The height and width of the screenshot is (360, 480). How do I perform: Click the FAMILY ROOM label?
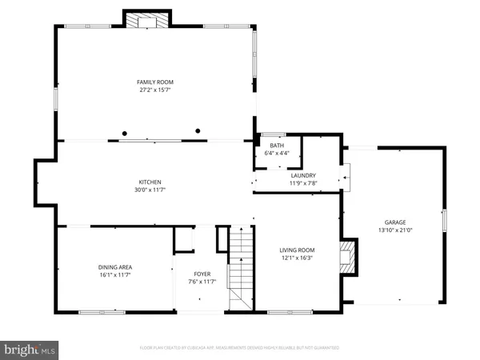click(155, 82)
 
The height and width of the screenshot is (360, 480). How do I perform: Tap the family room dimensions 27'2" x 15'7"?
click(155, 90)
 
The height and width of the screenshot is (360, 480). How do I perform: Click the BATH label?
click(277, 146)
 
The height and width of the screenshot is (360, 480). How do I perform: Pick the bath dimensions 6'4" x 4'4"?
click(277, 153)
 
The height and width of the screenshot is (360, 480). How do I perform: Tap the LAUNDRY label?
click(303, 175)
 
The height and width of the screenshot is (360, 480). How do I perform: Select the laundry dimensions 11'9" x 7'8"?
click(303, 183)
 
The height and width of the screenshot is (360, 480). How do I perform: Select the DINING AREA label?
click(115, 266)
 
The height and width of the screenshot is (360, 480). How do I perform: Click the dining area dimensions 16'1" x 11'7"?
click(115, 274)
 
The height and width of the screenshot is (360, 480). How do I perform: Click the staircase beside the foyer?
click(241, 268)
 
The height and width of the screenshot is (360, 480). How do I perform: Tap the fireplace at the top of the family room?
click(147, 20)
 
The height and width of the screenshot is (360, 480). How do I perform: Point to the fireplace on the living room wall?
click(348, 258)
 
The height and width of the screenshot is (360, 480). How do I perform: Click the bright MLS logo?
click(30, 350)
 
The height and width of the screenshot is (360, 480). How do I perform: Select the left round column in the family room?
click(124, 133)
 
